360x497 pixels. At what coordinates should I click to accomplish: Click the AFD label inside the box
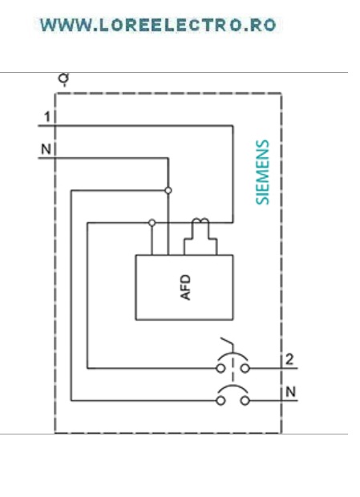(185, 288)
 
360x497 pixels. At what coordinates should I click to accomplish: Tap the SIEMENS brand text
(263, 172)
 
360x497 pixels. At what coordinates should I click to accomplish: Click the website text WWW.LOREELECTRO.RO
(158, 26)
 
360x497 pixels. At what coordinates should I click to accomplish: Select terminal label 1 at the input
(47, 117)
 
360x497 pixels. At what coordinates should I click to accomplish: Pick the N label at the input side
(46, 149)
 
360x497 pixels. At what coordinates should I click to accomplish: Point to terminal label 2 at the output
(289, 359)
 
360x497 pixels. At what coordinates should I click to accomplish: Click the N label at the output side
(290, 392)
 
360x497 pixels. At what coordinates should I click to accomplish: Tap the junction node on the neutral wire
(168, 191)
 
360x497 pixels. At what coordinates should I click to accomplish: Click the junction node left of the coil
(152, 223)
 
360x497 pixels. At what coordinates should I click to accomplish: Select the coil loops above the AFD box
(200, 221)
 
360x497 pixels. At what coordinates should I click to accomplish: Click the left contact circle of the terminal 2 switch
(220, 368)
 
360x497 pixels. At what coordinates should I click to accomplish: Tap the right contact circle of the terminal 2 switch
(245, 368)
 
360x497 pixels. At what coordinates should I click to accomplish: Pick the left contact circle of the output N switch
(220, 401)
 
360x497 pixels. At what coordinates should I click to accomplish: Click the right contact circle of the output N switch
(245, 401)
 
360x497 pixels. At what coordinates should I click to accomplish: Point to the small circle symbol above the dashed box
(63, 78)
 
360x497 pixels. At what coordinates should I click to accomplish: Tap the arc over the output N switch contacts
(233, 386)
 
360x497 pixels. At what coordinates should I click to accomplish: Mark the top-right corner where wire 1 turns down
(233, 126)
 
